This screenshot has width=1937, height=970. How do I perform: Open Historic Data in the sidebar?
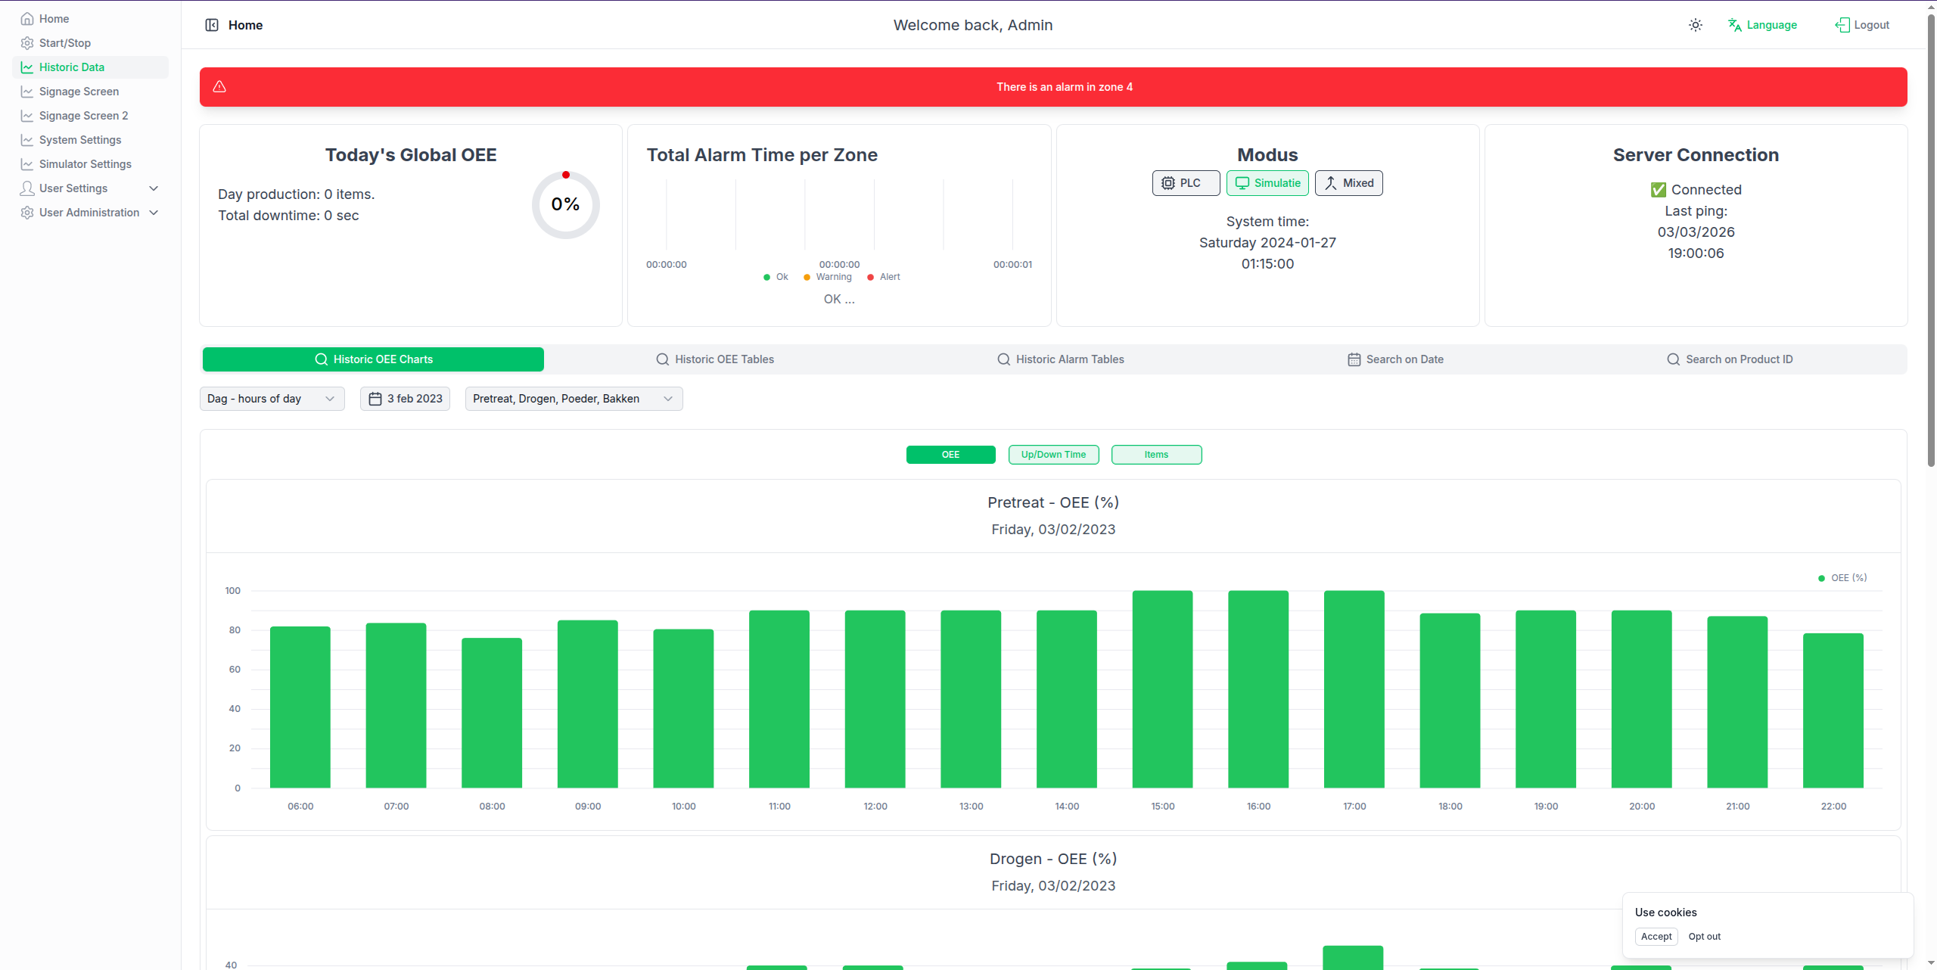[72, 67]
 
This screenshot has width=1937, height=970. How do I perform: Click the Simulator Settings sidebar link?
[85, 164]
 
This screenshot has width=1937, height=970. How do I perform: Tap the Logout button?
[1862, 25]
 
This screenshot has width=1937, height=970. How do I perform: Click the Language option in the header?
[1762, 25]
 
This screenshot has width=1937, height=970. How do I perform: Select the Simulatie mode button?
[1267, 183]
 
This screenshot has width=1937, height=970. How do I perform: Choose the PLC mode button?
[1186, 183]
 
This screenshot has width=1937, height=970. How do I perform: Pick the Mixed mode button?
[1349, 183]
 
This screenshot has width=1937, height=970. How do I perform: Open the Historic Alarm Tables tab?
[1060, 359]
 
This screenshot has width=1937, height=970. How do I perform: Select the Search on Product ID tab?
[1730, 359]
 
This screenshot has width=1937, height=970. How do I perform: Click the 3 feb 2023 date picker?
[405, 399]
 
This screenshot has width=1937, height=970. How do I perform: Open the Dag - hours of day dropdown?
[272, 399]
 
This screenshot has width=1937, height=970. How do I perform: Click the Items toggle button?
[1156, 455]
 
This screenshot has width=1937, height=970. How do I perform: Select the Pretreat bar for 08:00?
[492, 713]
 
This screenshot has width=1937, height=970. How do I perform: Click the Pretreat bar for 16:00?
[1258, 689]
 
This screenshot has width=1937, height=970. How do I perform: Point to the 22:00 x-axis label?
[1833, 807]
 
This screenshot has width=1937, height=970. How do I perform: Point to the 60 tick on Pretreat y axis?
[235, 670]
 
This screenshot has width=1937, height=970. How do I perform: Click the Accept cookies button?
[1656, 937]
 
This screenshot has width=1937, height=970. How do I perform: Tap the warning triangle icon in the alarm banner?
[219, 86]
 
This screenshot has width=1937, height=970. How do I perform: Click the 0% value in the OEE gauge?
[565, 204]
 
